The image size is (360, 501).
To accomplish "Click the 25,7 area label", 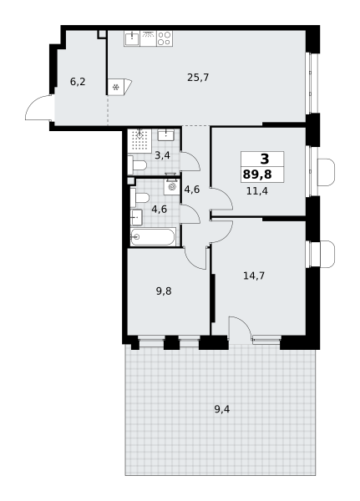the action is pos(198,78).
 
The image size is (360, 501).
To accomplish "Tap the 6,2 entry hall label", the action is pos(78,82).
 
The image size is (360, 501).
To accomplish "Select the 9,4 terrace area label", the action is pos(222,409).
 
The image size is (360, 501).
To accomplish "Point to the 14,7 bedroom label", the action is pos(254,276).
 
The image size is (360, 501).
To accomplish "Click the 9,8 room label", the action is pos(164,291).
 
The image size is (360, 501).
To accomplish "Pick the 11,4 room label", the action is pos(257,191).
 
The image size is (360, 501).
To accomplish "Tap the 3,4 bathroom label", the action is pos(162,155).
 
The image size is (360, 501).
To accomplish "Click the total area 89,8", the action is pos(257,175).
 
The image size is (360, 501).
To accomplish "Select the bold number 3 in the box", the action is pos(265,159).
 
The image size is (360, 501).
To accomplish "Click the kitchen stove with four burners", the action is pos(165,38).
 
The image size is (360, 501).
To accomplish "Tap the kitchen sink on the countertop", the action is pos(132,38).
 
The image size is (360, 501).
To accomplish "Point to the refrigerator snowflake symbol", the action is pos(116,87).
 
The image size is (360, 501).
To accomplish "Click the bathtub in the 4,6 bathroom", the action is pos(153,237).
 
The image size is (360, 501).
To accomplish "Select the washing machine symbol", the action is pos(172,187).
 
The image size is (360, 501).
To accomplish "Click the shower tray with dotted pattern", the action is pos(139,140).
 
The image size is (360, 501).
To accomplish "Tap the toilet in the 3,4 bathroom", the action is pos(137,165).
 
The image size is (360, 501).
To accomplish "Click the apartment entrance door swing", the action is pos(38,108).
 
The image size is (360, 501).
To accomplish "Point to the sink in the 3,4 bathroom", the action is pos(165,134).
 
